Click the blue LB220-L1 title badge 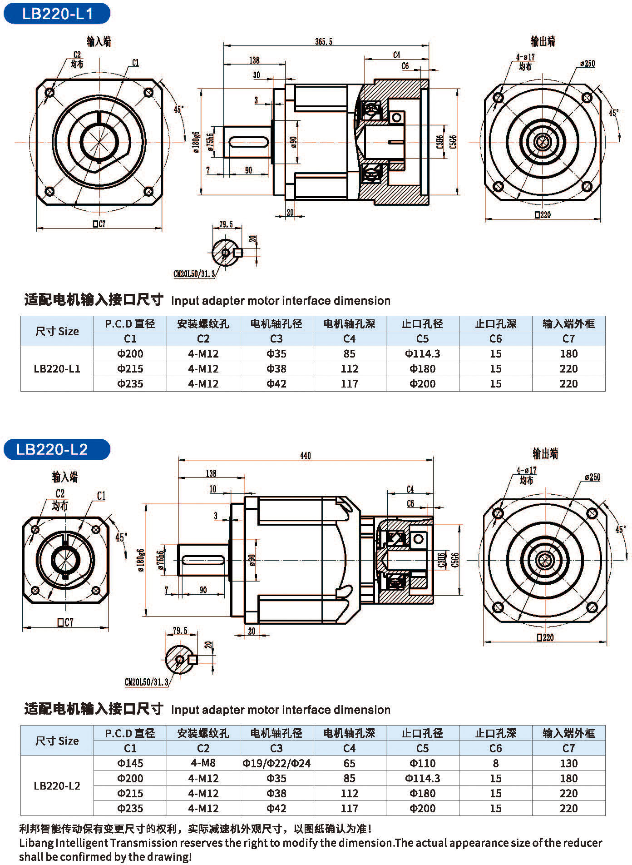(x=57, y=14)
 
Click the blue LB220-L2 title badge (x=57, y=449)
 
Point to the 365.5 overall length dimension (x=324, y=42)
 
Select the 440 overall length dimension (x=305, y=455)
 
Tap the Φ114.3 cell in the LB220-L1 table (x=422, y=354)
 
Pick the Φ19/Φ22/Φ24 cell (x=276, y=763)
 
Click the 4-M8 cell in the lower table (x=203, y=763)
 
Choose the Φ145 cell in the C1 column (x=130, y=763)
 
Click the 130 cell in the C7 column (x=568, y=763)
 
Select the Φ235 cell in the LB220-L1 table (x=130, y=384)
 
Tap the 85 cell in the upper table (x=349, y=354)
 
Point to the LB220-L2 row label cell (x=57, y=786)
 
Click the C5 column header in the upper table (x=422, y=338)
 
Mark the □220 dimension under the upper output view (x=543, y=215)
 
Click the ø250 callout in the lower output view (x=592, y=477)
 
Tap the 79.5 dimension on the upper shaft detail (x=226, y=224)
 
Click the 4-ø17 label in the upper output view (x=525, y=57)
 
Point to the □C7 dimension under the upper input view (x=99, y=224)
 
